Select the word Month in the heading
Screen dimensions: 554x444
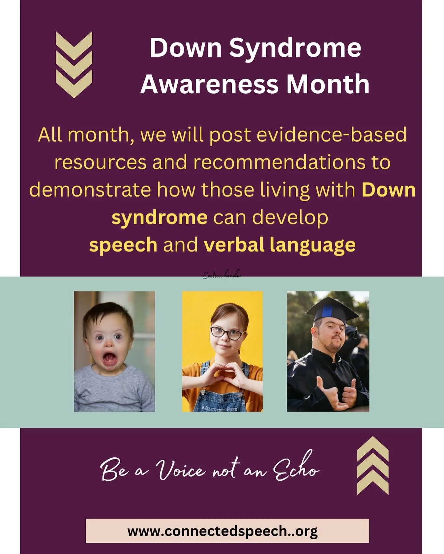328,84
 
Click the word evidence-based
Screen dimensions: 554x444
331,135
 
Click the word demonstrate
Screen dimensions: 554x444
90,190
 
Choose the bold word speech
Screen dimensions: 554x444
123,245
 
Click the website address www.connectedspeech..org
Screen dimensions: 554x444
222,531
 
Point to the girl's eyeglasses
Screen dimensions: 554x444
226,333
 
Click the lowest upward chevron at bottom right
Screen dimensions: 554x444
373,485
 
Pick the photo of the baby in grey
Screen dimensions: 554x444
114,351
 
